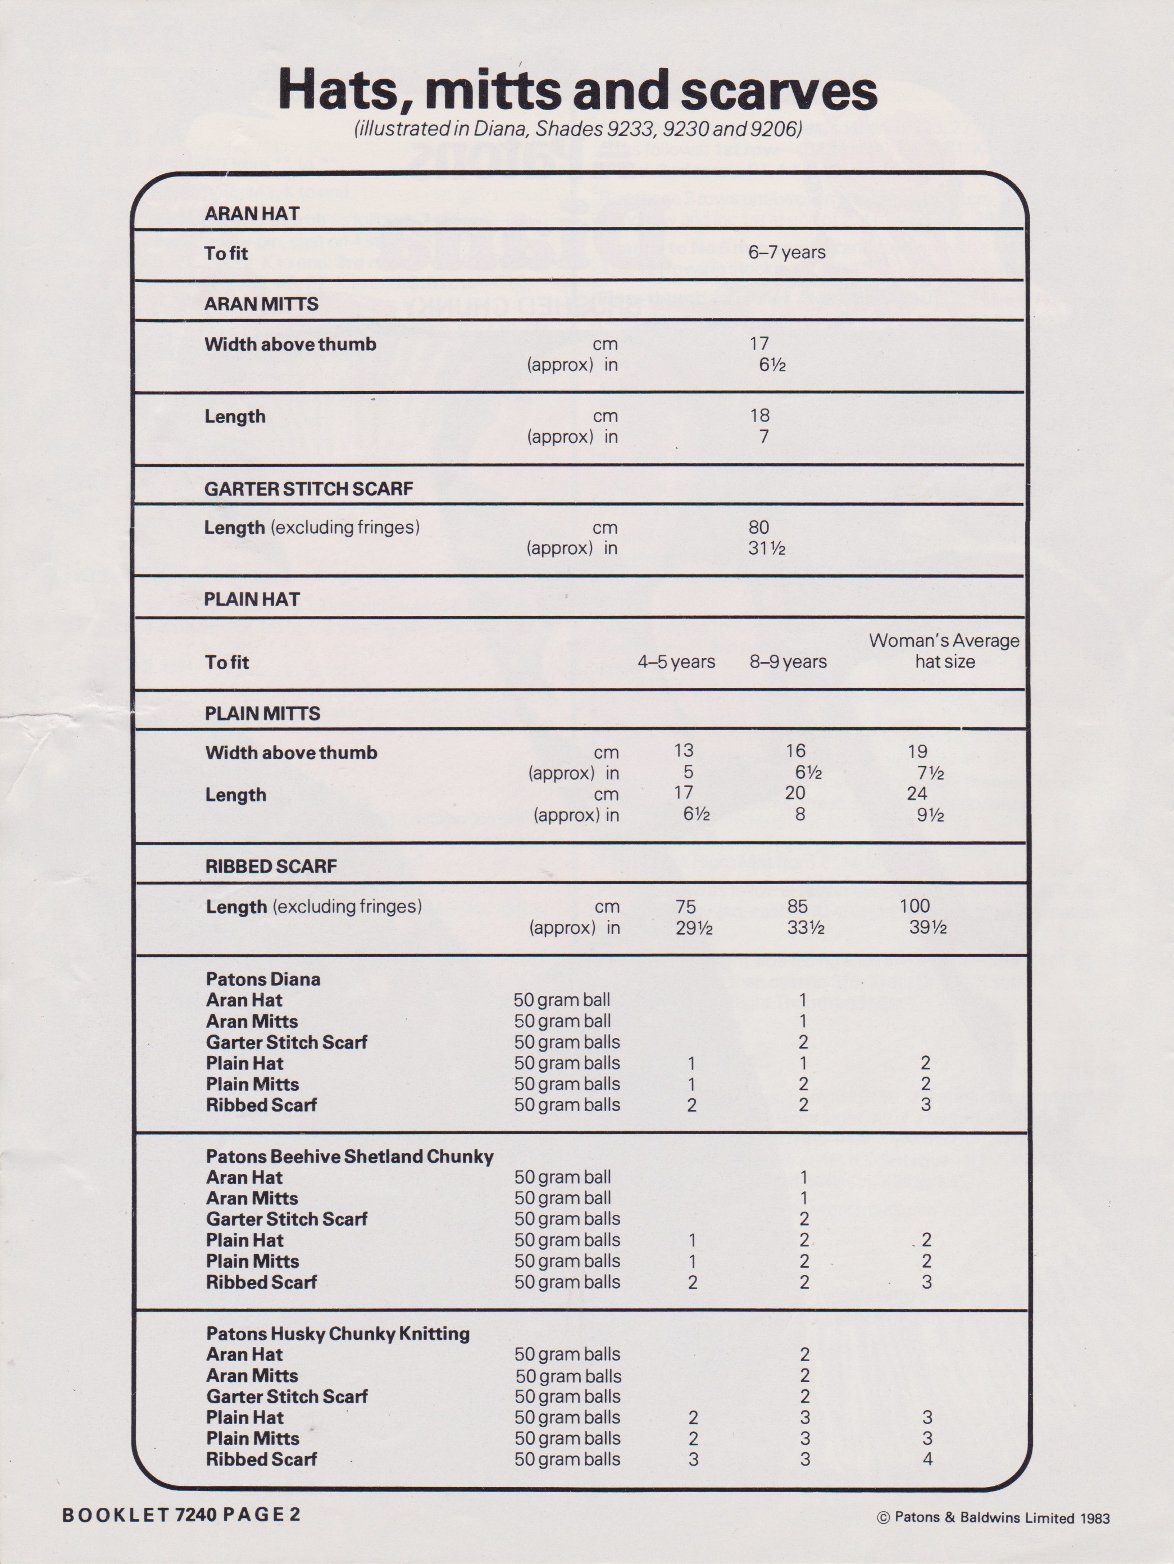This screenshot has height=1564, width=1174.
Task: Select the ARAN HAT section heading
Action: point(252,214)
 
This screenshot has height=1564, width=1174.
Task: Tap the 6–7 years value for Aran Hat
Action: point(786,252)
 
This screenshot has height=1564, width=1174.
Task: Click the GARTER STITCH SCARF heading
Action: point(308,488)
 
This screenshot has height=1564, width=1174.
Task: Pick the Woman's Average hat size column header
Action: point(944,650)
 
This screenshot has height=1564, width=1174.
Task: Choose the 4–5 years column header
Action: point(676,662)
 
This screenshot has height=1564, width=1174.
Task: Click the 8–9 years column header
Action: point(788,662)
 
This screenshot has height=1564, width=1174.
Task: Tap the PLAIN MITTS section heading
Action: point(262,713)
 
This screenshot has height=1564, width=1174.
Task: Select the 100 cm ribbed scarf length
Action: point(914,906)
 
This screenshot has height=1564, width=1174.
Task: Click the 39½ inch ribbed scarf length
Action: point(927,928)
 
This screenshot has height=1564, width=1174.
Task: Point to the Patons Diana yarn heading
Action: point(263,980)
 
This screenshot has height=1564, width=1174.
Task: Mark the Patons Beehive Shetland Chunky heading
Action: point(349,1157)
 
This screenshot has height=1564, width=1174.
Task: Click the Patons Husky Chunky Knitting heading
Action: point(338,1334)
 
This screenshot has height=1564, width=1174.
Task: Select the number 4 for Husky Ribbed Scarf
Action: point(927,1459)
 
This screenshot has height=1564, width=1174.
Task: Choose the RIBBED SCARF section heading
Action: point(271,866)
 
